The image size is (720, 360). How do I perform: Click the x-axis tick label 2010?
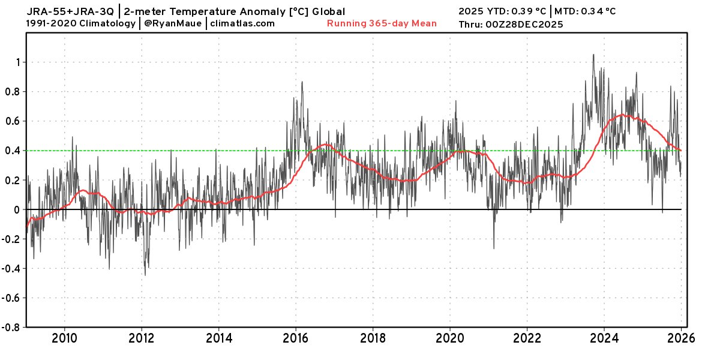point(65,338)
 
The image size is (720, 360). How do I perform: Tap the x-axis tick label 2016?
point(296,338)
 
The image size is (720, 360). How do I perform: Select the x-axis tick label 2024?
point(604,338)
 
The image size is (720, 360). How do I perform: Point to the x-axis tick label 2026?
point(682,338)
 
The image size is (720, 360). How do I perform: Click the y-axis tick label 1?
point(19,62)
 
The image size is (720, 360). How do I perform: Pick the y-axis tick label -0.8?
point(12,327)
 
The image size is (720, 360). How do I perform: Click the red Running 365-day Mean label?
point(382,23)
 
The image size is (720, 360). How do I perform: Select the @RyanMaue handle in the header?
point(173,23)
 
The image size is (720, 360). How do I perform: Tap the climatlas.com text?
point(243,23)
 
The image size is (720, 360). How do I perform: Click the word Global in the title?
point(328,11)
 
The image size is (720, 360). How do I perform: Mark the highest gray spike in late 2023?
point(593,55)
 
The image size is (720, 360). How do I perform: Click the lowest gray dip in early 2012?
point(145,275)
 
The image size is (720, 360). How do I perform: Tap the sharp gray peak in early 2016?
point(302,82)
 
